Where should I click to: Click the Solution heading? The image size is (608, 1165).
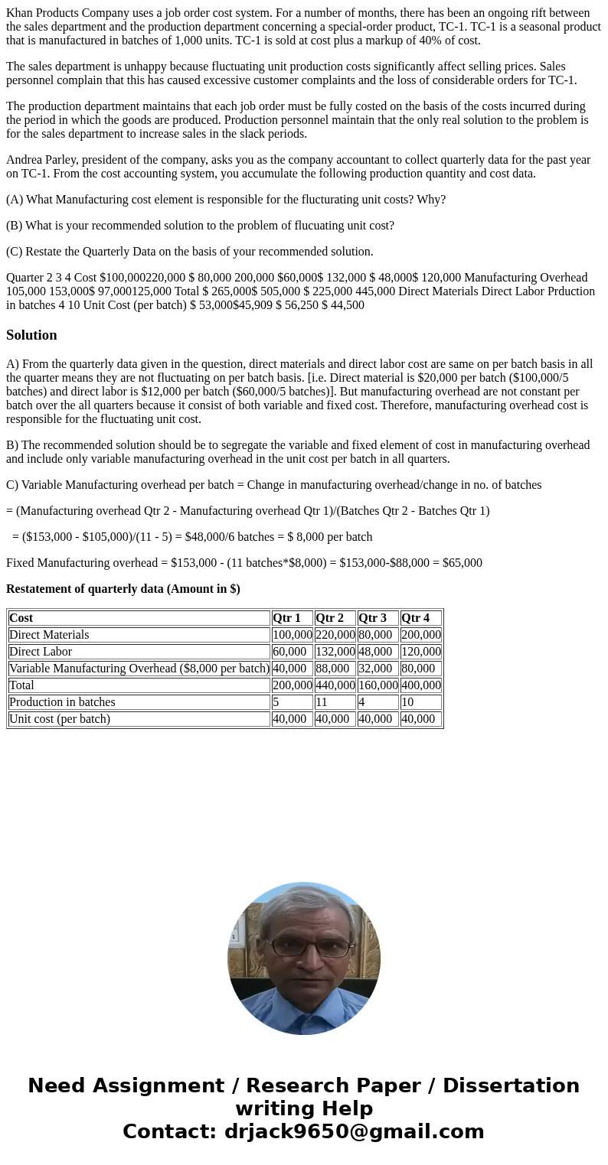tap(31, 335)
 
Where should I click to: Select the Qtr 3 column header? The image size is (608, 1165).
tap(372, 618)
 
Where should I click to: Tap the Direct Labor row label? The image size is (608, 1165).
tap(41, 652)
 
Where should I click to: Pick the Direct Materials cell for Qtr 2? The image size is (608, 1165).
tap(335, 635)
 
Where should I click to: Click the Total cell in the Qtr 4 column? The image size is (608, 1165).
tap(420, 685)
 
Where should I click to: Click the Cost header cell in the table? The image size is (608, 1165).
tap(21, 618)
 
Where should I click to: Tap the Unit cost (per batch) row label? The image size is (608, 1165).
tap(60, 719)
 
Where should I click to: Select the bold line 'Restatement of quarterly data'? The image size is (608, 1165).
tap(123, 589)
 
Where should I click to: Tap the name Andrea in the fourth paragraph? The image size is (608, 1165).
tap(25, 160)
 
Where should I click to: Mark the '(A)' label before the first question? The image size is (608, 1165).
tap(15, 200)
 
